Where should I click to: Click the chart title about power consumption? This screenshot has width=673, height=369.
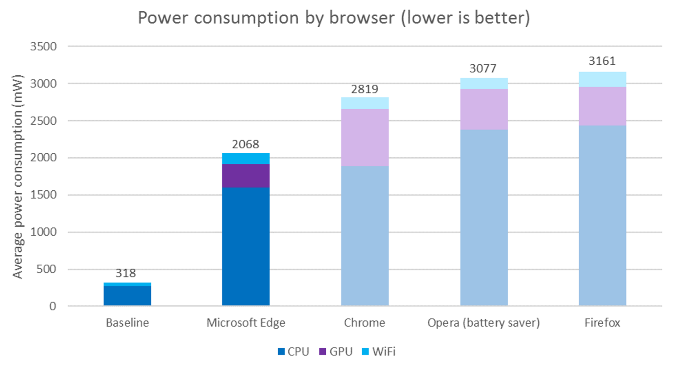tap(334, 18)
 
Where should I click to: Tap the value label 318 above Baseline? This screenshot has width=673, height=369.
tap(126, 273)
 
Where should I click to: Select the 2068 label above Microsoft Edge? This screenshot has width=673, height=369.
tap(245, 144)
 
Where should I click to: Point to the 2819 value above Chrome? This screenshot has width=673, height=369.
tap(364, 89)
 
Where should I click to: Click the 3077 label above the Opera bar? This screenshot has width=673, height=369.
tap(483, 68)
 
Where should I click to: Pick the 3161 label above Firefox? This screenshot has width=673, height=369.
tap(602, 61)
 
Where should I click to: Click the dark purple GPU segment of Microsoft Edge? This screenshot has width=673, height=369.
tap(246, 175)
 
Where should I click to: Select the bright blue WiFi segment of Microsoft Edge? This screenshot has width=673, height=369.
tap(246, 158)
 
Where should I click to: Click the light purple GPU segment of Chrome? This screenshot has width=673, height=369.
tap(365, 137)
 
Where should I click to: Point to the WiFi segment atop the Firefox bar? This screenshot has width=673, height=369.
tap(602, 79)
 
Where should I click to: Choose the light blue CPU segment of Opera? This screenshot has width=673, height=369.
tap(484, 218)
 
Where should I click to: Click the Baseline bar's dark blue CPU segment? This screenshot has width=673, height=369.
tap(127, 296)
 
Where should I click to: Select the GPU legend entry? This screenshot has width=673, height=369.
tap(336, 351)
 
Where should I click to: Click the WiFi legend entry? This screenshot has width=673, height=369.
tap(379, 351)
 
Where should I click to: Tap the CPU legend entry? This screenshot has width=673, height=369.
tap(293, 351)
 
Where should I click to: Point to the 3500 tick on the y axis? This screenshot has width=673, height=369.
tap(44, 46)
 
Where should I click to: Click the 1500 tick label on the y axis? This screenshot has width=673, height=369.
tap(44, 194)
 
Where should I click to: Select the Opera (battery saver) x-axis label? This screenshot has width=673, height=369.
tap(484, 322)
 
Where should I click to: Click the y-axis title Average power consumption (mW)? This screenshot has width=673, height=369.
tap(17, 176)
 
